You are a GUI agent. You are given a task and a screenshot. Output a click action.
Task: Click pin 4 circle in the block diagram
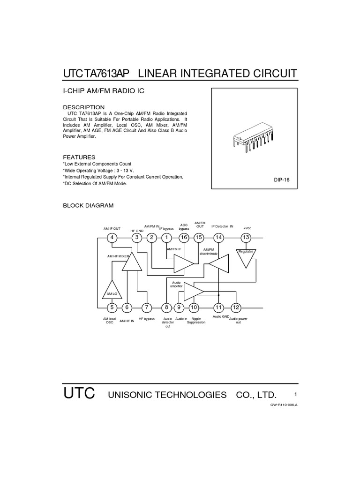click(x=112, y=238)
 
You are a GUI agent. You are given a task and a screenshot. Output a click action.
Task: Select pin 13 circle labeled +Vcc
click(x=247, y=238)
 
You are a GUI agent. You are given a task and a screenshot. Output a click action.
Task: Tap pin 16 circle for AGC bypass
click(x=184, y=238)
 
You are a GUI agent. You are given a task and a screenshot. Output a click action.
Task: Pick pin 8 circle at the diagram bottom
click(x=166, y=307)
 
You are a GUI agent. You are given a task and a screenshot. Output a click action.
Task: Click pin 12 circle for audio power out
click(x=236, y=307)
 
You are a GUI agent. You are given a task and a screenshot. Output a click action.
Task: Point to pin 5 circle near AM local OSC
click(x=112, y=307)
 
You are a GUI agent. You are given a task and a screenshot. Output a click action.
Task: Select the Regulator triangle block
click(x=246, y=256)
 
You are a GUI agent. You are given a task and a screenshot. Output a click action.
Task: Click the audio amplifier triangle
click(x=193, y=291)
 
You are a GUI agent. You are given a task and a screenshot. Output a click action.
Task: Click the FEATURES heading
click(x=79, y=157)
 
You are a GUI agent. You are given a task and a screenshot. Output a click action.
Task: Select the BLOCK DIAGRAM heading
click(x=88, y=206)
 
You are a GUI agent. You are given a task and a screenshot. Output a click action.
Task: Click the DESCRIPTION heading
click(x=83, y=107)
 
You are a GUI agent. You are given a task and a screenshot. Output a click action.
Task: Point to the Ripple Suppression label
click(x=196, y=321)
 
